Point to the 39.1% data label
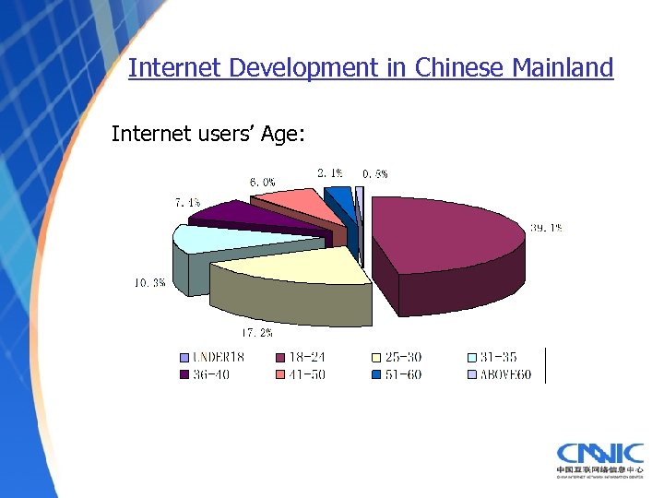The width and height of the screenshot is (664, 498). (546, 228)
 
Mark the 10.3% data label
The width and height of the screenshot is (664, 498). (149, 283)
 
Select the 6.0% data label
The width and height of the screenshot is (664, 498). (262, 182)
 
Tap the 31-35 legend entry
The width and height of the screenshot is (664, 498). (499, 357)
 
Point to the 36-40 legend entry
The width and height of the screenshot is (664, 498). (210, 374)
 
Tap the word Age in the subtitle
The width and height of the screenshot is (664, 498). (281, 135)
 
